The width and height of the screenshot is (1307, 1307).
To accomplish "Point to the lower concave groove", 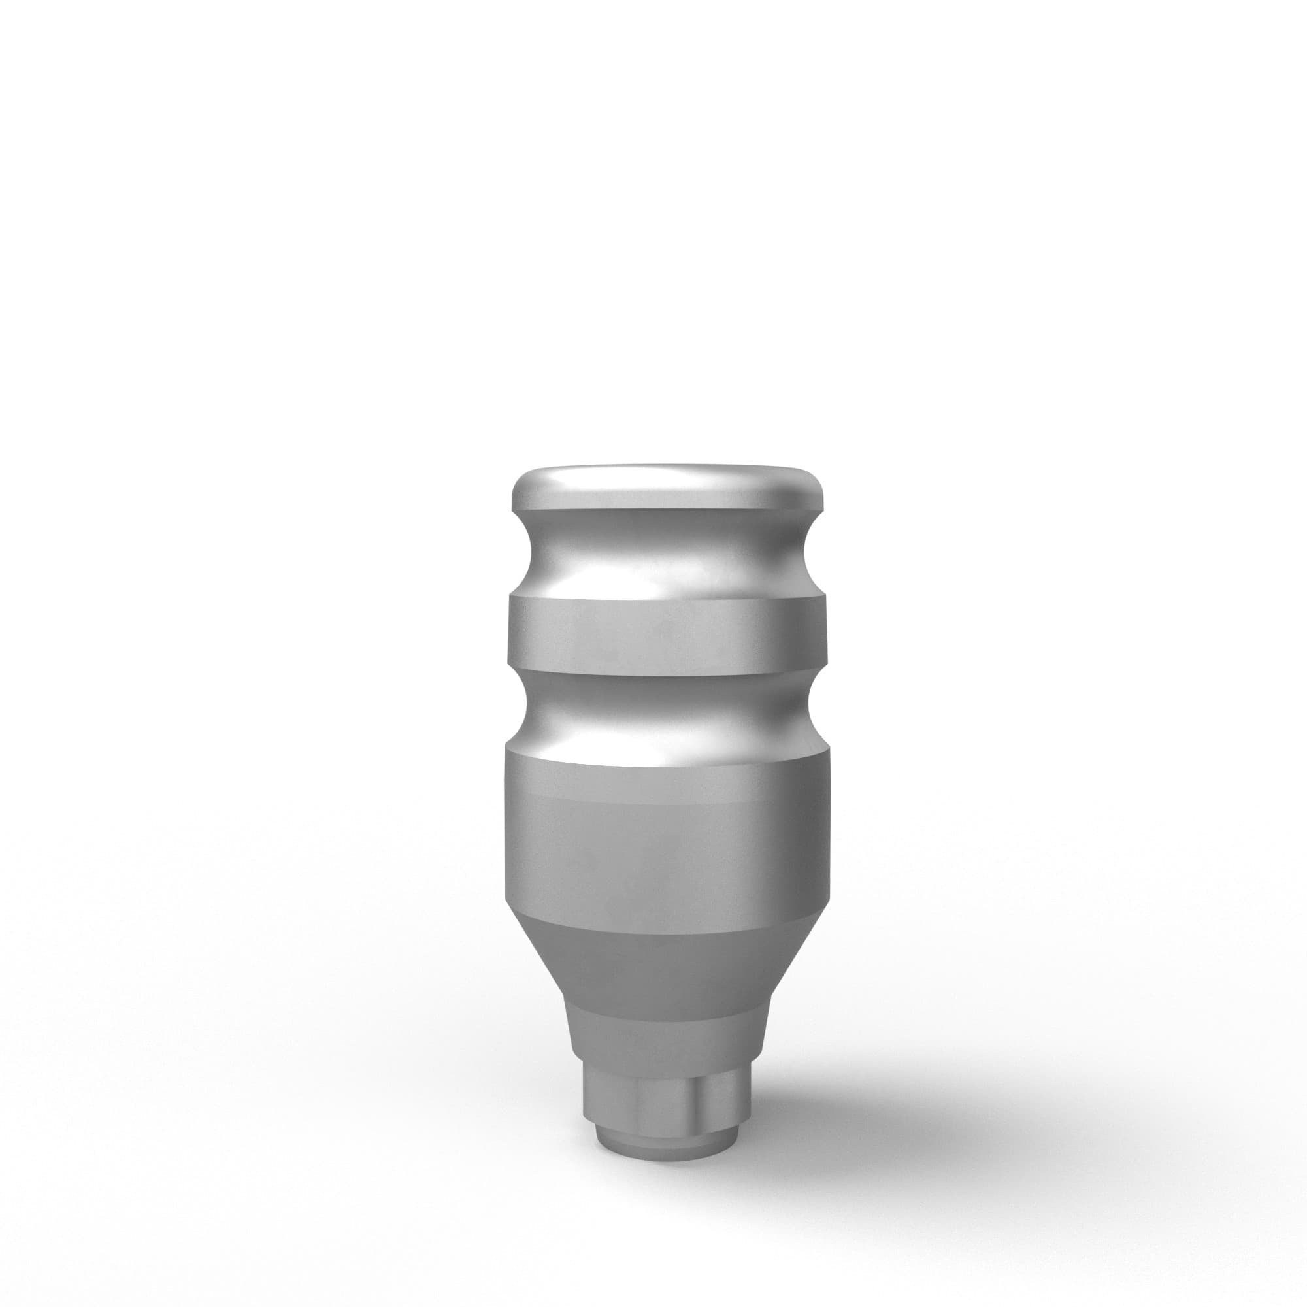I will pyautogui.click(x=667, y=710).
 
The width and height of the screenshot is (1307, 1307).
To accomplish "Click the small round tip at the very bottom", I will pyautogui.click(x=667, y=1140).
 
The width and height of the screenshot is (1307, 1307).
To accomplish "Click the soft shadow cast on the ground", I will pyautogui.click(x=914, y=1110).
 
